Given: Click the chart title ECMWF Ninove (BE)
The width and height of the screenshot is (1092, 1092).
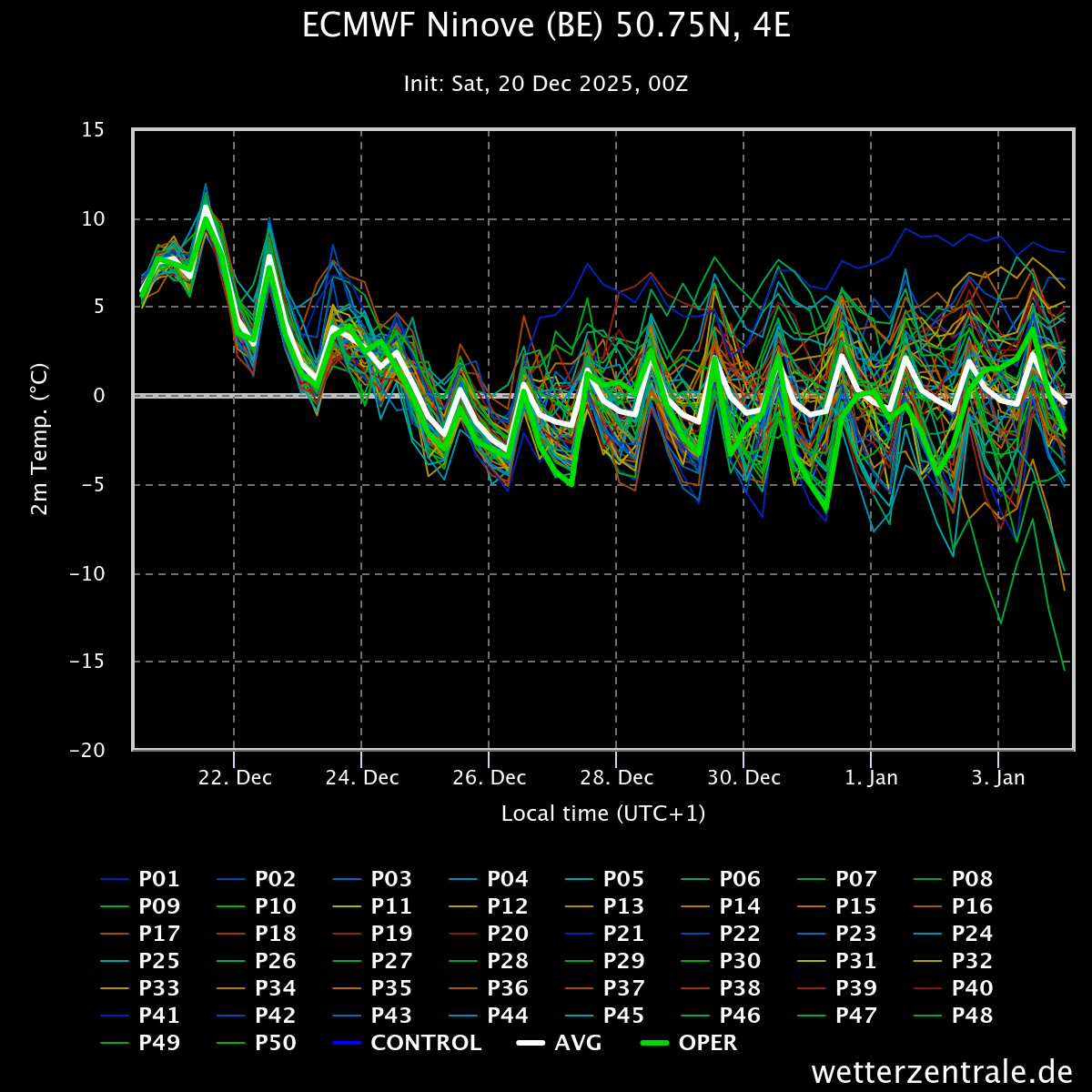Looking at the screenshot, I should click(546, 26).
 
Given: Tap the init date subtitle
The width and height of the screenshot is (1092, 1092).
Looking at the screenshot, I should click(546, 85).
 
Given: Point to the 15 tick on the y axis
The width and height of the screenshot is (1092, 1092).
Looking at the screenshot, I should click(93, 130).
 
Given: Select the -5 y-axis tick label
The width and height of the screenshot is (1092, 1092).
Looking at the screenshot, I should click(93, 485).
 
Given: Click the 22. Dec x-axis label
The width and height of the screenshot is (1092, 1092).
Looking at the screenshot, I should click(235, 778).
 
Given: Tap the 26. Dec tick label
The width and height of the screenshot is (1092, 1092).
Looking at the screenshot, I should click(490, 778).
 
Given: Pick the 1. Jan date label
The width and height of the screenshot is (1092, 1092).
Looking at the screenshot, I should click(872, 778).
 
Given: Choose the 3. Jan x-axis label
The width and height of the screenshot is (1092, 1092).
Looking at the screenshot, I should click(998, 778).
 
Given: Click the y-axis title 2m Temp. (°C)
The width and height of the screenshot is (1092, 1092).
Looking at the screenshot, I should click(39, 440).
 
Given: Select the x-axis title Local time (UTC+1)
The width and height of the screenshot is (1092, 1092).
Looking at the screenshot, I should click(603, 814).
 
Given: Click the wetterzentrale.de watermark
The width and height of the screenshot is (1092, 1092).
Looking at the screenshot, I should click(941, 1072).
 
